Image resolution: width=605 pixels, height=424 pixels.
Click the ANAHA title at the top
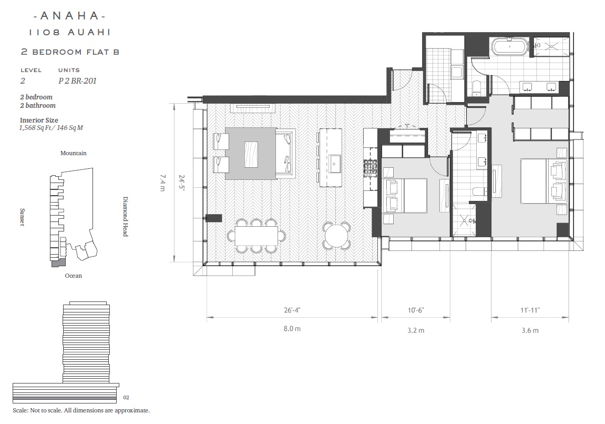[x=69, y=16]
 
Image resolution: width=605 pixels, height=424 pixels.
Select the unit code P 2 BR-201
[x=78, y=80]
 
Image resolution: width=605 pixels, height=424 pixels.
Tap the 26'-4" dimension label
[x=292, y=310]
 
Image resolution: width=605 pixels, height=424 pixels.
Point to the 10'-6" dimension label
[x=416, y=310]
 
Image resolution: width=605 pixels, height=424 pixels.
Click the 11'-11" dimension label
[x=530, y=310]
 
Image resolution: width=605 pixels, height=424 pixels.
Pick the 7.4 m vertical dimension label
[x=162, y=183]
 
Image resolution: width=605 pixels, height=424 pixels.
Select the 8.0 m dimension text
[x=292, y=329]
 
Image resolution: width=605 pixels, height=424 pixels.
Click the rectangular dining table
[x=256, y=236]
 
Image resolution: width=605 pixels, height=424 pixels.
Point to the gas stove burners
[x=371, y=168]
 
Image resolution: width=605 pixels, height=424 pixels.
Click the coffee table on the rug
[x=251, y=154]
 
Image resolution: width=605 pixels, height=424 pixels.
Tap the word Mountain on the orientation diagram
[x=73, y=153]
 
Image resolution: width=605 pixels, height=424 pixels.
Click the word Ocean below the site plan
[x=73, y=276]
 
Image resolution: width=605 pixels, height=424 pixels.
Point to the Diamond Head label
[x=126, y=216]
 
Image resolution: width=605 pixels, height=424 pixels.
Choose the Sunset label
[x=23, y=217]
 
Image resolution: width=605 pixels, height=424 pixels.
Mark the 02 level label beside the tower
[x=126, y=397]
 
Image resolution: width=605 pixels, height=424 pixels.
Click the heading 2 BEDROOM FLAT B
[x=70, y=52]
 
